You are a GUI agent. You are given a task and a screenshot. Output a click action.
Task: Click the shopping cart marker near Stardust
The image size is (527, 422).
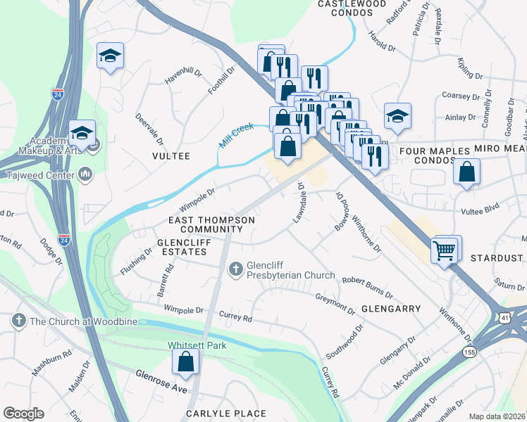click(x=445, y=250)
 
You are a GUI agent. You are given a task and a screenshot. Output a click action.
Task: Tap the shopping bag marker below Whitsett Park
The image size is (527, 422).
click(x=185, y=362)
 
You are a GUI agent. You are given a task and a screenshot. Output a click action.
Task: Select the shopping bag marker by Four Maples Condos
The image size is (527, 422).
click(x=466, y=171)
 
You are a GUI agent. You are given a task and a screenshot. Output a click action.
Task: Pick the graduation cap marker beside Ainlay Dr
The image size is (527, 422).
click(x=397, y=116)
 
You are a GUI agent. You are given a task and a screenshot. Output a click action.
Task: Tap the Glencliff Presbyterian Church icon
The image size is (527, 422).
click(x=237, y=268)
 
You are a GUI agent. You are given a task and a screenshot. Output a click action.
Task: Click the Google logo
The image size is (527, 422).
click(x=23, y=413)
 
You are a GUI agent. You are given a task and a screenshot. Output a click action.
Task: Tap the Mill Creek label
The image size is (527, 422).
click(x=235, y=134)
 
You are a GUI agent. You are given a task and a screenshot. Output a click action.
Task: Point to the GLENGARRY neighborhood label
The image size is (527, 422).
click(x=390, y=308)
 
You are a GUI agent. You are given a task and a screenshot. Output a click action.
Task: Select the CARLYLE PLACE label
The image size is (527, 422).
click(x=225, y=414)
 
